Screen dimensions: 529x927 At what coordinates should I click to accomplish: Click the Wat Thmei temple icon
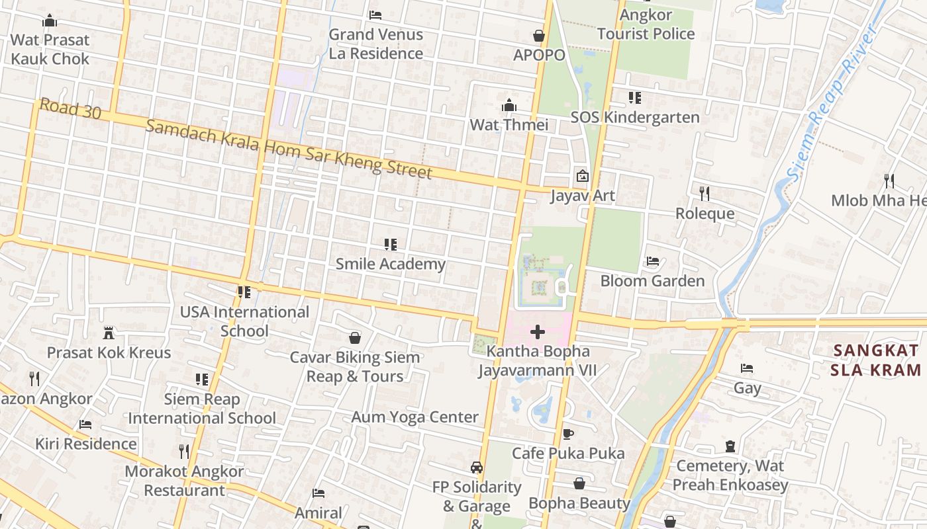tap(509, 105)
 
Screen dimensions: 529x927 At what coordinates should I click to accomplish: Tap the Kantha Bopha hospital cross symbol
tap(538, 332)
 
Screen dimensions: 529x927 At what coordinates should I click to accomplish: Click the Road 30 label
tap(70, 109)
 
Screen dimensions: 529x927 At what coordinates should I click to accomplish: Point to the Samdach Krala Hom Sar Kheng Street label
tap(289, 149)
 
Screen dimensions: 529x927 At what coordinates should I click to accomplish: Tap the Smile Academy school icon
tap(391, 245)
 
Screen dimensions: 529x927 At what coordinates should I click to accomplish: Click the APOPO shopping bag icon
tap(539, 36)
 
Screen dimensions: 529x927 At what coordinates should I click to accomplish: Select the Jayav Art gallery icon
tap(583, 176)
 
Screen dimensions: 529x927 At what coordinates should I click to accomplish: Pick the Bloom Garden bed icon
tap(652, 261)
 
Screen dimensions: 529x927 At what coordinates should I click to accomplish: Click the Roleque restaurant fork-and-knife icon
tap(705, 194)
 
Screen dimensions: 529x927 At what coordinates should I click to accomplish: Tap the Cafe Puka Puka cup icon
tap(567, 434)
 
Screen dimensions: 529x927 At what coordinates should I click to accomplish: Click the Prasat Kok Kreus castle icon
tap(109, 333)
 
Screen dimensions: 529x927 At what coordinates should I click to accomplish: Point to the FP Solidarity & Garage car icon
tap(476, 468)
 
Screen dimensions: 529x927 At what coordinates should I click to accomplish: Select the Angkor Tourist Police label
tap(646, 24)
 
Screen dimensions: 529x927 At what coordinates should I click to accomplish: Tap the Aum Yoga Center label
tap(415, 417)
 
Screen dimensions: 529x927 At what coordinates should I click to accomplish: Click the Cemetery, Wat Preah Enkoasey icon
tap(730, 446)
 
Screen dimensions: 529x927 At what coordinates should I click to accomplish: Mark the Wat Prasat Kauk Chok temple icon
tap(50, 21)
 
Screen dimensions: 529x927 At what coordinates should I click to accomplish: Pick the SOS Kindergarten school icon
tap(635, 98)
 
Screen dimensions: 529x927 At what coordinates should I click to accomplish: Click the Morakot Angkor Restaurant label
tap(185, 481)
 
